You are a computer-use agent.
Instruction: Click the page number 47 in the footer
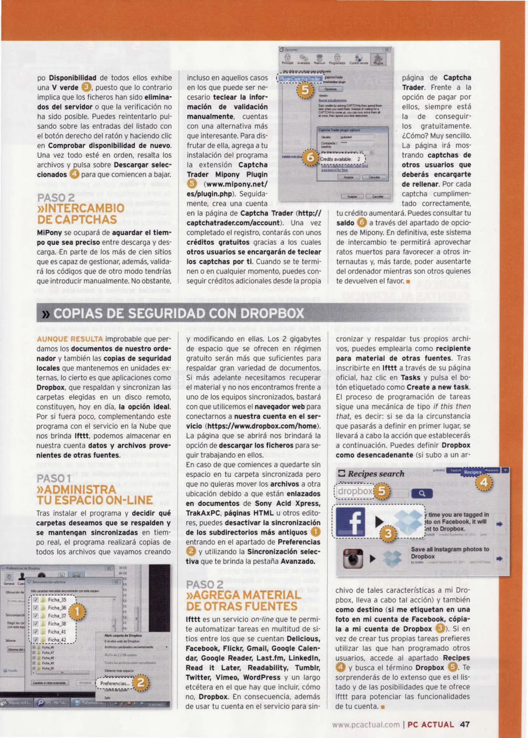pyautogui.click(x=465, y=724)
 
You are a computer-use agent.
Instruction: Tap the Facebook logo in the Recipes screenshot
pyautogui.click(x=351, y=522)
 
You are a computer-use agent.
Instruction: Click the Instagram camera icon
pyautogui.click(x=353, y=558)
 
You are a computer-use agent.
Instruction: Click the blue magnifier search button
pyautogui.click(x=422, y=493)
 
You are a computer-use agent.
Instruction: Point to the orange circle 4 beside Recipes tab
pyautogui.click(x=484, y=483)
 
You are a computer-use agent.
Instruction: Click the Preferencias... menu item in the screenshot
pyautogui.click(x=115, y=683)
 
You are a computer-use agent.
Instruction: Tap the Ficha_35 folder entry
pyautogui.click(x=57, y=600)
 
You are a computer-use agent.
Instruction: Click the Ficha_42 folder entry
pyautogui.click(x=57, y=640)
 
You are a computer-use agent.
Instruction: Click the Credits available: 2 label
pyautogui.click(x=340, y=159)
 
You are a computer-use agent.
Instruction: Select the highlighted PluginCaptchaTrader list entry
pyautogui.click(x=300, y=79)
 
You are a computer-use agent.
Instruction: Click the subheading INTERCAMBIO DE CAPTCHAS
pyautogui.click(x=81, y=214)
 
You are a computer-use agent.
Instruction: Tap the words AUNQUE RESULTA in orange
pyautogui.click(x=70, y=339)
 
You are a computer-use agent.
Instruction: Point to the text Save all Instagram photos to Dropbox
pyautogui.click(x=450, y=552)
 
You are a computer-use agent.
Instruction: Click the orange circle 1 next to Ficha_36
pyautogui.click(x=77, y=612)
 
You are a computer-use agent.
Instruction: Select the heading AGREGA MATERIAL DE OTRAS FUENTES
pyautogui.click(x=243, y=601)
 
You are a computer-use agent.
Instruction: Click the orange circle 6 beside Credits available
pyautogui.click(x=310, y=158)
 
